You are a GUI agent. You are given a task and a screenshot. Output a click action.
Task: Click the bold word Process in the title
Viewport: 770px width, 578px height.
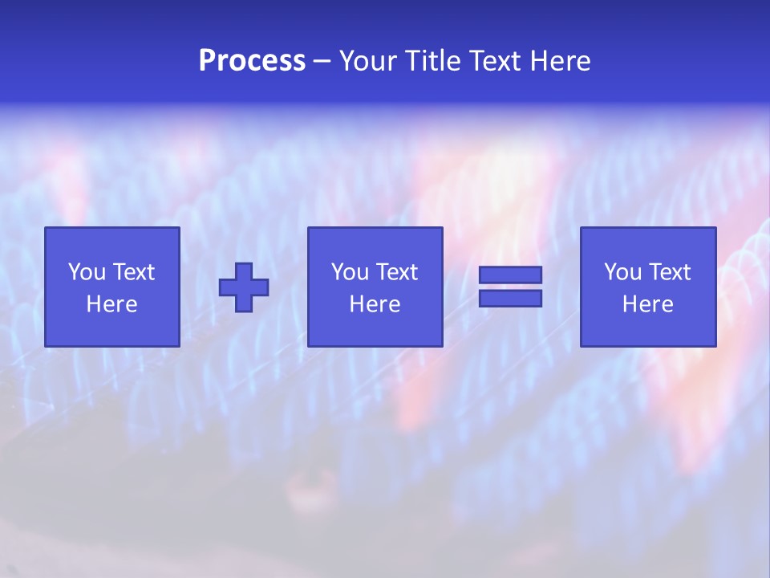252,61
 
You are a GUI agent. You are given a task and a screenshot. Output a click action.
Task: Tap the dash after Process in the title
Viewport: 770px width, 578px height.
322,62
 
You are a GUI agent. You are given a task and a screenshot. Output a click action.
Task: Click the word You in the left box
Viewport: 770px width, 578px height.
87,272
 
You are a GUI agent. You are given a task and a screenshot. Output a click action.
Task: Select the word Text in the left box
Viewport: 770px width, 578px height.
132,272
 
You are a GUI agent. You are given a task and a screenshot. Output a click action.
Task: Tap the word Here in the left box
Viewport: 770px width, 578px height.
111,304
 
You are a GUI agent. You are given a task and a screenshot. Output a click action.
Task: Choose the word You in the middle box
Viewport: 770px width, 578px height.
350,272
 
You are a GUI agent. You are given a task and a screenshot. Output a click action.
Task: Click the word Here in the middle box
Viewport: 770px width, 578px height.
375,304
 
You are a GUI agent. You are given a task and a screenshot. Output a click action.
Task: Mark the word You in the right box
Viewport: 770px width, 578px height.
622,272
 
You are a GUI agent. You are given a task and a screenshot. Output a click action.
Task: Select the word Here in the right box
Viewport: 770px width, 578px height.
647,304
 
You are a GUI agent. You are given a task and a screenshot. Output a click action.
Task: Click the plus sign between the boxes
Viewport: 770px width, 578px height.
244,287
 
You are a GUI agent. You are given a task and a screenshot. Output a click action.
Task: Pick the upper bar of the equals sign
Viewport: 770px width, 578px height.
510,275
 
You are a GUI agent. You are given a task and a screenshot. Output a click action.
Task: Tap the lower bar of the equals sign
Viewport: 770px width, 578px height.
510,299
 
